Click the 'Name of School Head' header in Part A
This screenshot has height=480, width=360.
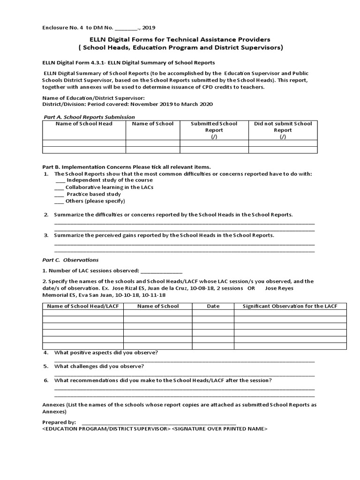tap(84, 124)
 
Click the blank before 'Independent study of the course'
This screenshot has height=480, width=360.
tap(60, 180)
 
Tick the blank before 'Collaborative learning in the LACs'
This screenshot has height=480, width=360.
tap(60, 187)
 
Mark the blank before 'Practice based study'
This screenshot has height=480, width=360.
tap(60, 194)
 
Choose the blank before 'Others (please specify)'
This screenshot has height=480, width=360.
tap(60, 201)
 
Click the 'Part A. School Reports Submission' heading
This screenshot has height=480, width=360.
tap(89, 117)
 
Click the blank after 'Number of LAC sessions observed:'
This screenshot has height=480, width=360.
tap(161, 270)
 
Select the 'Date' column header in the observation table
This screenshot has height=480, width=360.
tap(213, 306)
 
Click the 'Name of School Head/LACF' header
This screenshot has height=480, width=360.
tap(83, 306)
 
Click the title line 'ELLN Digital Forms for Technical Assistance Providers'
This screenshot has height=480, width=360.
tap(180, 40)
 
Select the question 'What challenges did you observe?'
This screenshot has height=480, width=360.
tap(99, 366)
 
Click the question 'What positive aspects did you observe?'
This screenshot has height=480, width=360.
tap(106, 352)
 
